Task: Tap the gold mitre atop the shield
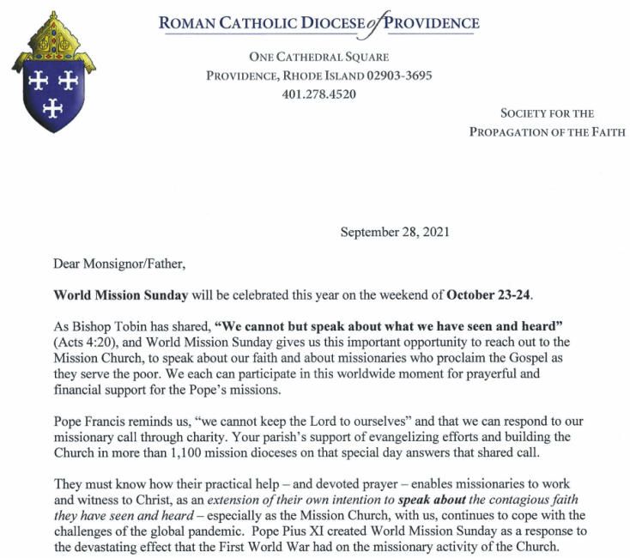coord(53,39)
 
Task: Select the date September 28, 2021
coord(395,232)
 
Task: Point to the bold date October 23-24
coord(489,295)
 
